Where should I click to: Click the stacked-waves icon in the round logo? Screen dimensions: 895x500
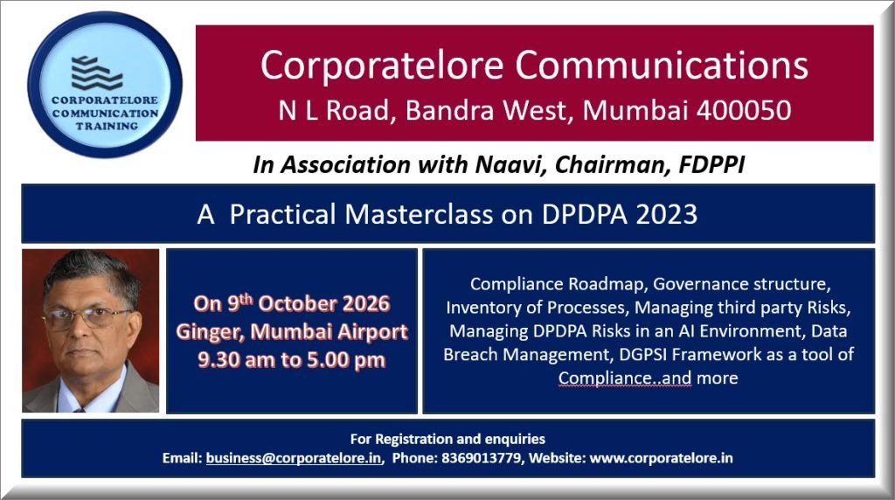pos(96,73)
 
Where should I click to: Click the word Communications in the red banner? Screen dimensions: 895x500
pos(662,65)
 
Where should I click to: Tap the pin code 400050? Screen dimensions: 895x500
pos(743,110)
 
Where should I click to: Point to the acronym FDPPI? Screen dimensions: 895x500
pos(711,164)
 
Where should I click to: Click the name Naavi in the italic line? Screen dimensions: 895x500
pos(510,164)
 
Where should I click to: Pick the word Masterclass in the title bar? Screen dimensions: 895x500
pos(419,215)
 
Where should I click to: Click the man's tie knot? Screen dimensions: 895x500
pos(80,407)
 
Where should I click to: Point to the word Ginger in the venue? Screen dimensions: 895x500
pos(210,332)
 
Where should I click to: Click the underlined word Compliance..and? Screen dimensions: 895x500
pos(624,378)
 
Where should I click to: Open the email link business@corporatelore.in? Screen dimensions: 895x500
pos(294,458)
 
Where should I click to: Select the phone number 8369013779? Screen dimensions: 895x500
pos(482,458)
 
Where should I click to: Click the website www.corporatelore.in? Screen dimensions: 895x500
pos(661,458)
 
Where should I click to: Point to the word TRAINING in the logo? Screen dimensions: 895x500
pos(107,126)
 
